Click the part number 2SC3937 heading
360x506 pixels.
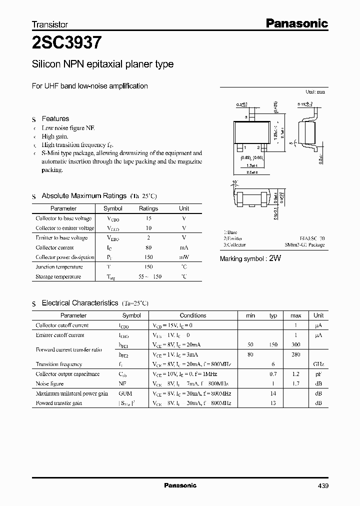click(67, 43)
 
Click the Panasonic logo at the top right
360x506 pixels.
click(296, 23)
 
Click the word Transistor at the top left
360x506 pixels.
click(50, 24)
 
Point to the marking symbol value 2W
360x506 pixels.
click(276, 258)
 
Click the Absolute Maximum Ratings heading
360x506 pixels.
click(84, 196)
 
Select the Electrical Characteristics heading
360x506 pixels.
click(80, 303)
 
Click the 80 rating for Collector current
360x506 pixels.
click(148, 247)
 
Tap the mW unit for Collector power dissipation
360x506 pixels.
click(184, 257)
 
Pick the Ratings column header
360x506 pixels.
click(148, 208)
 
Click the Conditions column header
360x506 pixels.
click(193, 315)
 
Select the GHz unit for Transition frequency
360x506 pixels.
click(318, 364)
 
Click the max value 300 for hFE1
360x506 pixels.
click(295, 345)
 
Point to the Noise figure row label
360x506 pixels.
click(49, 383)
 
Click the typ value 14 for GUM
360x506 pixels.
click(273, 393)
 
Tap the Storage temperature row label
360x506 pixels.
click(58, 276)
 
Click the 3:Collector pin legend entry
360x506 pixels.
click(234, 245)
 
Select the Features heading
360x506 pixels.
click(55, 118)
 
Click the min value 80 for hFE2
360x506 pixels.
click(250, 354)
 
